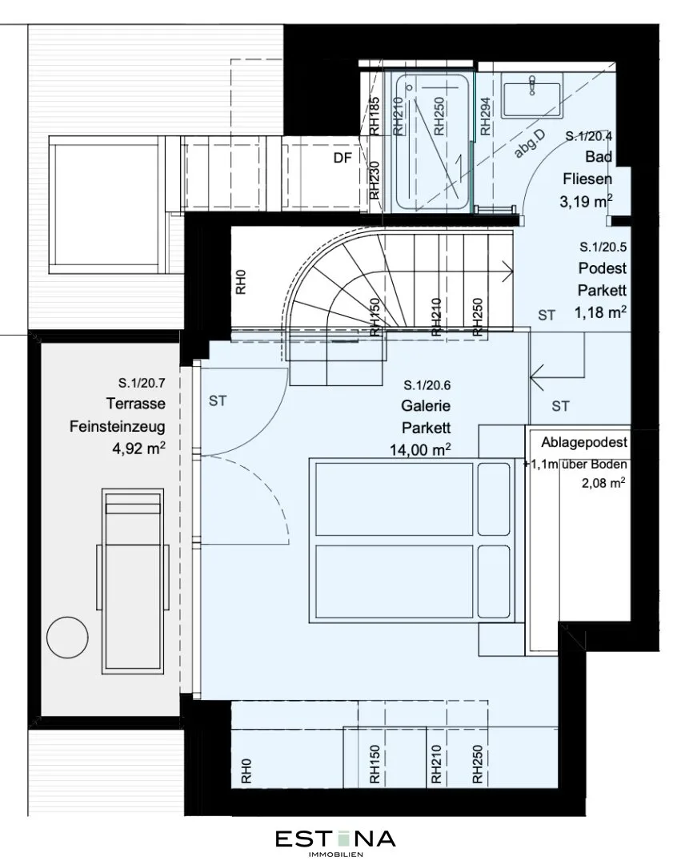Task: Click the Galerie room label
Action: coord(426,406)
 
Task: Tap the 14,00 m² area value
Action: coord(421,449)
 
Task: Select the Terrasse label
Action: coord(136,403)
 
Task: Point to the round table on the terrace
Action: coord(67,638)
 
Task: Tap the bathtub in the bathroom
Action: coord(432,142)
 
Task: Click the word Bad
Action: coord(599,157)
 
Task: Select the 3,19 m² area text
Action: coord(586,201)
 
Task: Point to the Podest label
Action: coord(603,268)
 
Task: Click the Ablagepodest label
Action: coord(584,442)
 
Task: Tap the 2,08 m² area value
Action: coord(603,483)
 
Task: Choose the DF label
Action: coord(343,158)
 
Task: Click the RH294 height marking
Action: coord(485,117)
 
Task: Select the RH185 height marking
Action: coord(375,116)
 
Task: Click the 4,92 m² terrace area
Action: coord(139,448)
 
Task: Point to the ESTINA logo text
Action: coord(335,839)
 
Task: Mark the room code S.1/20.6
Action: coord(427,385)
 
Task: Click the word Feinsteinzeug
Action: coord(118,426)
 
